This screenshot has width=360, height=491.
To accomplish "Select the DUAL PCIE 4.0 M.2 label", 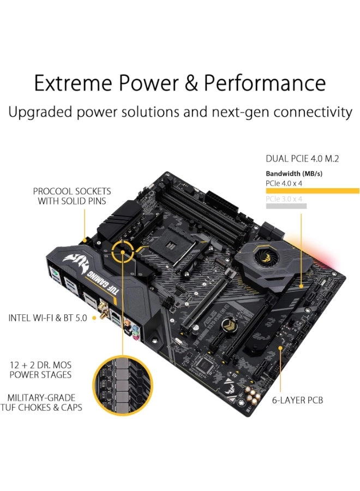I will point(302,159).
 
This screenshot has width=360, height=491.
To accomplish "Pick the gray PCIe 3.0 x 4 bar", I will point(286,206).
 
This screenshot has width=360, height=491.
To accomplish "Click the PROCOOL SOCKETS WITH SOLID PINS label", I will point(71,196).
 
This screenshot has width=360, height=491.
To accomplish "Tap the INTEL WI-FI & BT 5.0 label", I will point(47,317).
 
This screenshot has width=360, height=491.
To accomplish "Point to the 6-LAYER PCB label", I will point(298,400).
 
